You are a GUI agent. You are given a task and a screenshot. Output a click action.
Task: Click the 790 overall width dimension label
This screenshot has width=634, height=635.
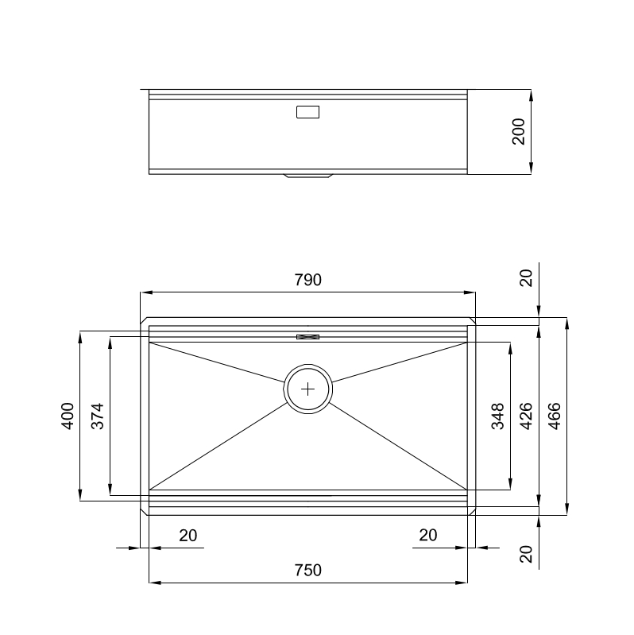307,280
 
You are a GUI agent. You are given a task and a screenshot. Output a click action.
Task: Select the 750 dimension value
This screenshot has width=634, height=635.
307,570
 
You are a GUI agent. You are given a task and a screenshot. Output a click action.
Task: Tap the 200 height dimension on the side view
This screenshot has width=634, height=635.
519,131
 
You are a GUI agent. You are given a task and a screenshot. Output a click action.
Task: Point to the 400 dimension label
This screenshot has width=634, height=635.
68,416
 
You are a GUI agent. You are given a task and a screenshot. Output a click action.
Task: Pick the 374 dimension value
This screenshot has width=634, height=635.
98,416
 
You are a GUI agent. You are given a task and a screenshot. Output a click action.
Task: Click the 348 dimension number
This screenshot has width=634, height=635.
497,416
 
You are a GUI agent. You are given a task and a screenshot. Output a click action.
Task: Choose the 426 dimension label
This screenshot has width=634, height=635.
525,416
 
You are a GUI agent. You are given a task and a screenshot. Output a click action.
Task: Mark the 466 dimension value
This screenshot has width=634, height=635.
555,416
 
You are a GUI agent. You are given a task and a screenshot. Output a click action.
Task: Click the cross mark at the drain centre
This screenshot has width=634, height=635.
308,389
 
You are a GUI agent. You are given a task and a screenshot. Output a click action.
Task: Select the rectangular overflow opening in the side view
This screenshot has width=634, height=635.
307,112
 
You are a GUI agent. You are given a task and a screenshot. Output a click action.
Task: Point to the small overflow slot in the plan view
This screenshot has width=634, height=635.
307,337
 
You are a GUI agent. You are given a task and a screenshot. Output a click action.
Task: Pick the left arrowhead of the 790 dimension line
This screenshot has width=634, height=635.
145,292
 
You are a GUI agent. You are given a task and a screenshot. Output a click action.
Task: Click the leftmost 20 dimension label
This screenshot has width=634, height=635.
187,535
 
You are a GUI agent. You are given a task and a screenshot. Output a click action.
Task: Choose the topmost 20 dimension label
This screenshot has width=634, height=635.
525,277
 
